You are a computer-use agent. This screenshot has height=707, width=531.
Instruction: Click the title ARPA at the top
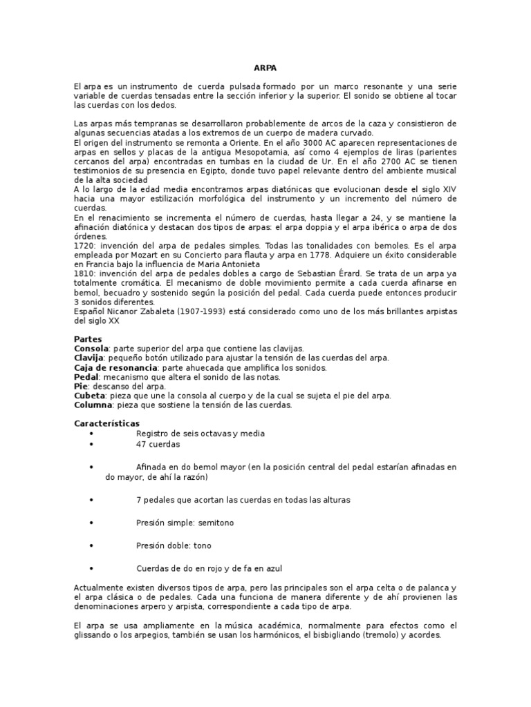[x=265, y=68]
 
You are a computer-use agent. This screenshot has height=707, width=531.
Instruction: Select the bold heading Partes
[x=88, y=339]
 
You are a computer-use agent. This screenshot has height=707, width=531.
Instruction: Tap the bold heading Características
[x=106, y=423]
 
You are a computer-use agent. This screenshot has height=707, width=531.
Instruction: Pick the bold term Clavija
[x=88, y=358]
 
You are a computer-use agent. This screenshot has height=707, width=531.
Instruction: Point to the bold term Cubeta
[x=89, y=396]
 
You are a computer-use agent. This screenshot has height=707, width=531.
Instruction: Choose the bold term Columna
[x=93, y=405]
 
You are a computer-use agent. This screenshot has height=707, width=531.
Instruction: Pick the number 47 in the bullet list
[x=141, y=444]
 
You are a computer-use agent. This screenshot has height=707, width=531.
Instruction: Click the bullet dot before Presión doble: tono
[x=93, y=545]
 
